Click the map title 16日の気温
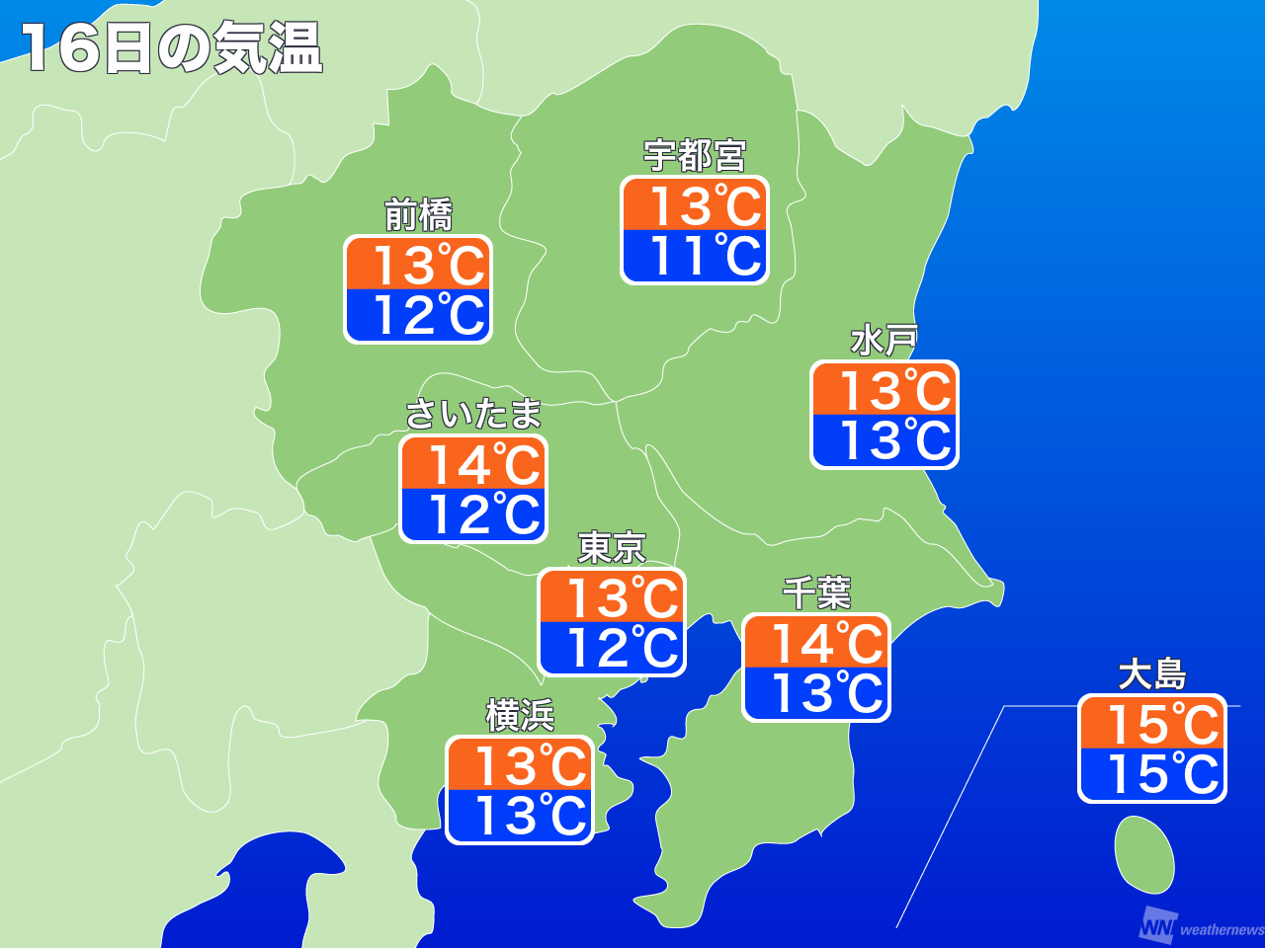tap(172, 47)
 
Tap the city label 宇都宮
tap(695, 155)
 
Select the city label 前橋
tap(418, 214)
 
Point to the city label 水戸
tap(884, 340)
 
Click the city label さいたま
tap(473, 414)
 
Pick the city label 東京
tap(612, 547)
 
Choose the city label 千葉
tap(816, 592)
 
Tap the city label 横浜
tap(520, 715)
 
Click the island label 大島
tap(1151, 674)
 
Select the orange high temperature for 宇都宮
tap(695, 205)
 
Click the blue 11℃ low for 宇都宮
tap(695, 257)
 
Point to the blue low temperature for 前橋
tap(418, 316)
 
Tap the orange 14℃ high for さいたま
tap(473, 464)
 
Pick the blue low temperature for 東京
tap(612, 649)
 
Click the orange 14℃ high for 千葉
tap(816, 643)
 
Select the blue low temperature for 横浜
tap(520, 817)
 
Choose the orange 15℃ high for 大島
tap(1151, 724)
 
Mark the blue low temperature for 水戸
tap(885, 440)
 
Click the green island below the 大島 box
tap(1144, 855)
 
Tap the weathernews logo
tap(1200, 927)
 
